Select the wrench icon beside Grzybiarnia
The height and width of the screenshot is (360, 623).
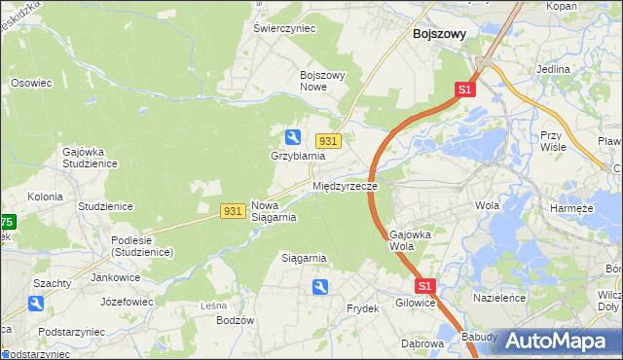[292, 137]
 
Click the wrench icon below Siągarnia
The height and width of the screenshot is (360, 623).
[320, 286]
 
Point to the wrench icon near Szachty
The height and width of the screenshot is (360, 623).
[36, 304]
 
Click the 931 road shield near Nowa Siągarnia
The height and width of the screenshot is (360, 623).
[232, 210]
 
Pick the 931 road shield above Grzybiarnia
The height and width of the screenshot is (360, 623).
[328, 141]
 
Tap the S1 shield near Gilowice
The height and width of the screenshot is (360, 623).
[424, 286]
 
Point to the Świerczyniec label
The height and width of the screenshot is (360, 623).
[285, 29]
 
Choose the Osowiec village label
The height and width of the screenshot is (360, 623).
[31, 84]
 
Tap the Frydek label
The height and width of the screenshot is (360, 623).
[362, 308]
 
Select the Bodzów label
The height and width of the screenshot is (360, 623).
[236, 320]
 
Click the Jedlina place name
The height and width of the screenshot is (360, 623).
[553, 70]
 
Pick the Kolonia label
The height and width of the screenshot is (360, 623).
[45, 197]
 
